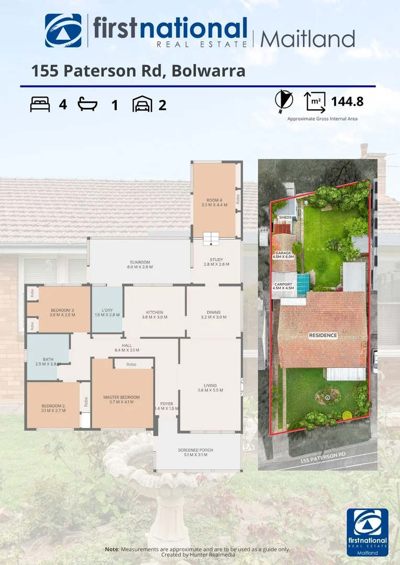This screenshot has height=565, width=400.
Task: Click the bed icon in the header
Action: (x=40, y=104)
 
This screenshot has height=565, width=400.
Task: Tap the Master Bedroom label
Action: (x=122, y=399)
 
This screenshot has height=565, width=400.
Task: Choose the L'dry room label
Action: (x=107, y=312)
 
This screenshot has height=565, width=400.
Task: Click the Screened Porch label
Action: (x=196, y=453)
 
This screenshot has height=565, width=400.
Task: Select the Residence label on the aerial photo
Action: (x=323, y=335)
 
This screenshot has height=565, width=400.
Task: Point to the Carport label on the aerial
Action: (x=283, y=286)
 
